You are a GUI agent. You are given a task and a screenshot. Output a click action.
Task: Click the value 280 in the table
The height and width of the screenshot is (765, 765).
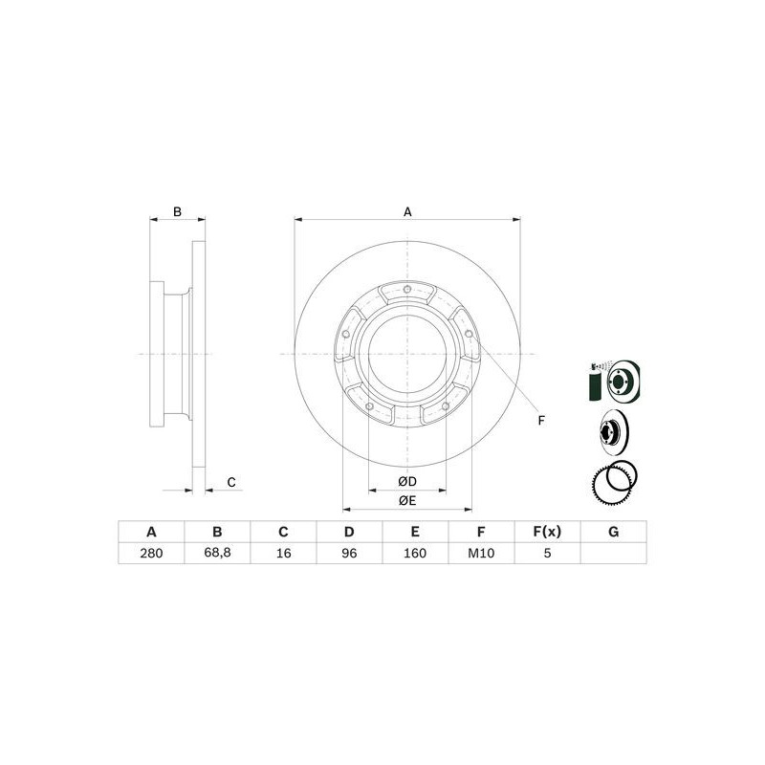151,554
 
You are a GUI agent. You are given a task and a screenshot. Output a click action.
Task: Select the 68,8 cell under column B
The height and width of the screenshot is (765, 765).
217,554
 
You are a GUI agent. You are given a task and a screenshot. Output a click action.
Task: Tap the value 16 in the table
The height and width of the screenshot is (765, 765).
283,554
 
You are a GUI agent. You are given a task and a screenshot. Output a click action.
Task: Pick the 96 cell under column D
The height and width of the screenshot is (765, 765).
349,554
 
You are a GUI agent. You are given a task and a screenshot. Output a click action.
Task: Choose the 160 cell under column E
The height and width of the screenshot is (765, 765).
415,554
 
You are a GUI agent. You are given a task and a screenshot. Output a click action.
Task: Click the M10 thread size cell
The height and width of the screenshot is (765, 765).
481,554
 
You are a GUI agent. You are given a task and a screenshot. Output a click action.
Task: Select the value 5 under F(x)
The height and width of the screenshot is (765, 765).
547,554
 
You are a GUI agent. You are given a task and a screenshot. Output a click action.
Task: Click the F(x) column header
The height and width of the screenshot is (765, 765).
547,532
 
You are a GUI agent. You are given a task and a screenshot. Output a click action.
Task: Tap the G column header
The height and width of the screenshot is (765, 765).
613,532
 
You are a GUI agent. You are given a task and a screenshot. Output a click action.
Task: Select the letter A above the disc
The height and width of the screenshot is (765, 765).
407,211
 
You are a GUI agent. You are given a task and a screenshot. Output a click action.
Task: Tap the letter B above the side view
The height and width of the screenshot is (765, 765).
177,211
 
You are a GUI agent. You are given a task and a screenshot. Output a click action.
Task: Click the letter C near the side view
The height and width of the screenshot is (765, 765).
231,482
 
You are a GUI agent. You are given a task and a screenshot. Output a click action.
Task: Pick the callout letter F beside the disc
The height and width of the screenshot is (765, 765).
540,421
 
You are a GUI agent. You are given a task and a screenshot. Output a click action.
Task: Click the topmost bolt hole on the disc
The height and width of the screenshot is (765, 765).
407,291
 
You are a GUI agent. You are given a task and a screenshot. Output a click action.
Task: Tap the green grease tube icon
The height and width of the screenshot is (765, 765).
593,386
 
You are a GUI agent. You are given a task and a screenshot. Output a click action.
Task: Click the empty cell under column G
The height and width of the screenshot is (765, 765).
613,554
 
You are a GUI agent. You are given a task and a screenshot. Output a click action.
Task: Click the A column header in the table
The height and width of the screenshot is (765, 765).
151,532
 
